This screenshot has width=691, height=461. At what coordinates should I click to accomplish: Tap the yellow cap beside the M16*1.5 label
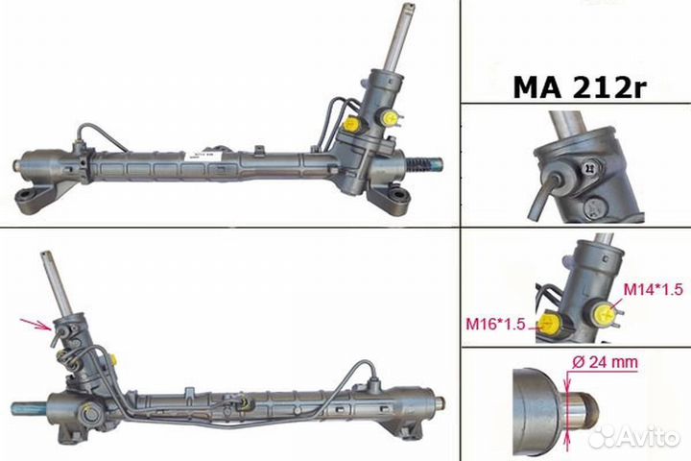(548, 323)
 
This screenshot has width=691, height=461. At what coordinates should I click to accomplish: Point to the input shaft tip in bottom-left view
(45, 257)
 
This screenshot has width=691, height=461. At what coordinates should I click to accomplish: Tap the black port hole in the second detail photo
(556, 165)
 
